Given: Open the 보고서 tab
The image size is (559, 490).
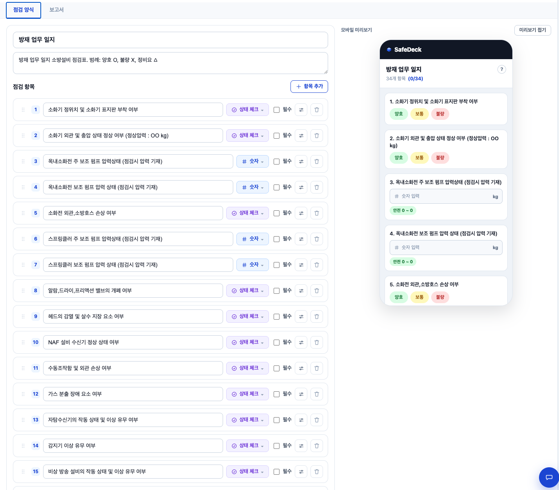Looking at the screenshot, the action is (56, 10).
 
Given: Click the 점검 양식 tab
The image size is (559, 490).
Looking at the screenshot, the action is (24, 10).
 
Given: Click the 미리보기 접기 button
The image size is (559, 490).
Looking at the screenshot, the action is (532, 30).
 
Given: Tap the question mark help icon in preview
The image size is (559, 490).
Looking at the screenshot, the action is (501, 69).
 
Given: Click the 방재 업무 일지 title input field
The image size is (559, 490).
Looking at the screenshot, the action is (170, 40).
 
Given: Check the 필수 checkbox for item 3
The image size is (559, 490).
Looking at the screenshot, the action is (276, 162).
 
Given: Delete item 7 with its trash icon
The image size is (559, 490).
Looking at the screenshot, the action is (316, 265).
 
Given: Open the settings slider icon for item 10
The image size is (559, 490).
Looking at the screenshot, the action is (301, 342).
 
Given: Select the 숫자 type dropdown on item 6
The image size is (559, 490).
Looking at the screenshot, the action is (252, 239).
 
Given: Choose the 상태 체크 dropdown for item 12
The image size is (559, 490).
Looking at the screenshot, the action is (247, 394).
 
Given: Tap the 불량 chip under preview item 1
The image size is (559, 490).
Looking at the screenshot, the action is (440, 114).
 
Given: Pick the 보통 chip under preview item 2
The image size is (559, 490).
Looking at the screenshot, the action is (419, 158).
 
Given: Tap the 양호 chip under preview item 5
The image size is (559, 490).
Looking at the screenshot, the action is (398, 297).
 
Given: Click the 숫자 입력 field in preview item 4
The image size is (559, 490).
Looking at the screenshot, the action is (446, 247).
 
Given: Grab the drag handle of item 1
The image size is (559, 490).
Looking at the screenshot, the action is (23, 110).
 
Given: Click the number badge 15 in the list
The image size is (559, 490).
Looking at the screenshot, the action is (36, 472).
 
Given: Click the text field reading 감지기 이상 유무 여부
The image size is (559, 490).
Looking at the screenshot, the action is (133, 446).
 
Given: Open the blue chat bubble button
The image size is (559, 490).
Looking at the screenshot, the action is (549, 477).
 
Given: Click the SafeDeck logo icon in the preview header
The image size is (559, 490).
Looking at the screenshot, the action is (389, 50).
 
